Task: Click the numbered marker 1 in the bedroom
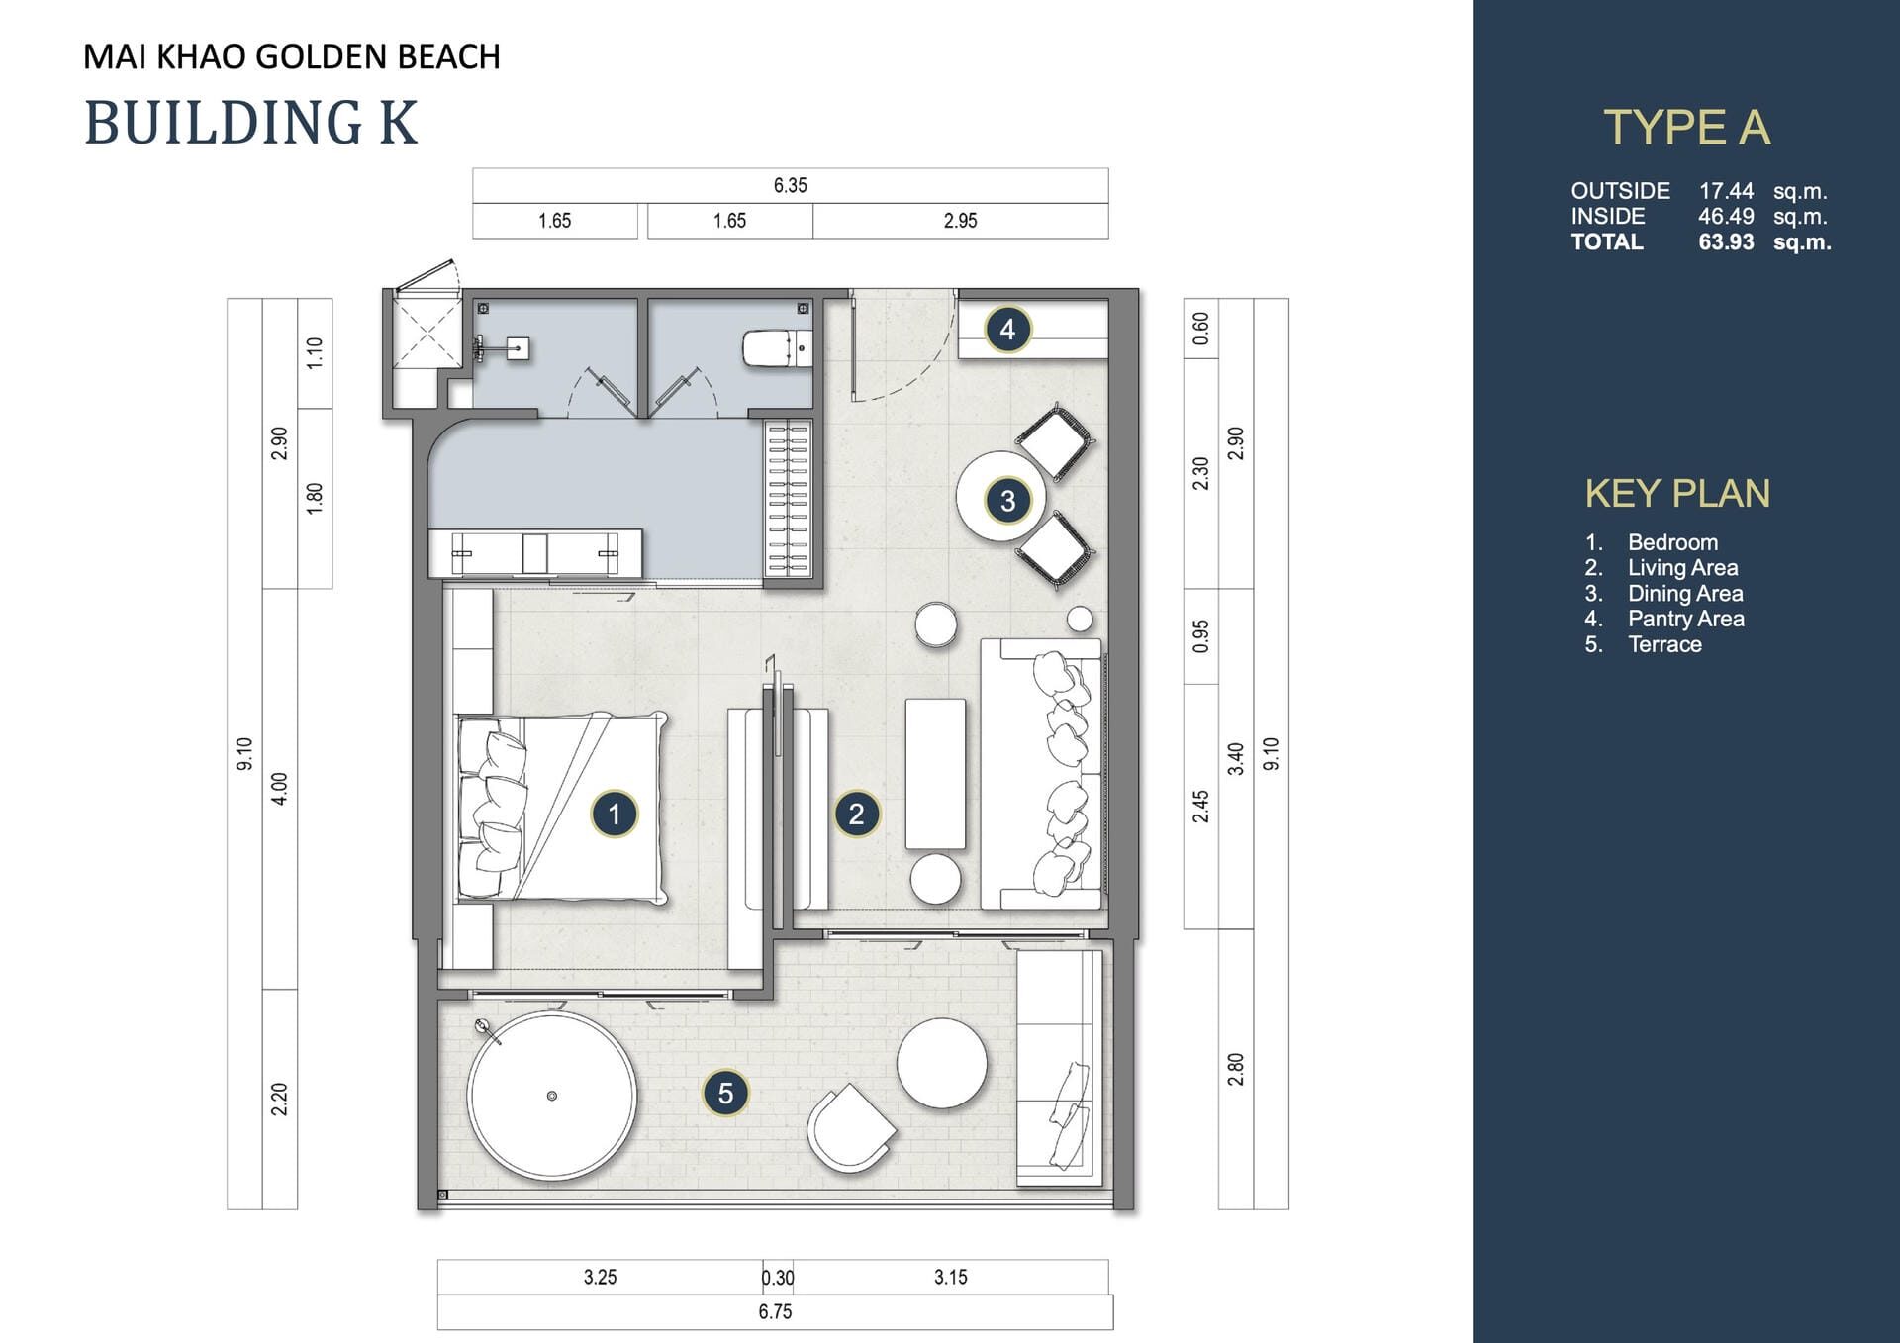(614, 814)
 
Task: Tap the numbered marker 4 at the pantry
(1007, 329)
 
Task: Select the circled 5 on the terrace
(725, 1093)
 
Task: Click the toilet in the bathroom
(777, 348)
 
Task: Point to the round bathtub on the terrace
(551, 1095)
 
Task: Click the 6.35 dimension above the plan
(790, 185)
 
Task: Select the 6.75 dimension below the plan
(775, 1311)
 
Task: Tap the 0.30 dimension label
(778, 1278)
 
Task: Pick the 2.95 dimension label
(960, 221)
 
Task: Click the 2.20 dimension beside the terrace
(279, 1099)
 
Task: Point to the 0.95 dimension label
(1200, 636)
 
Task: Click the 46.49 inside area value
(1726, 217)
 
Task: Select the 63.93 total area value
(1726, 242)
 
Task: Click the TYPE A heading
(1686, 128)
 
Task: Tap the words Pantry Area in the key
(1686, 619)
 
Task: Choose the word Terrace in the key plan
(1664, 644)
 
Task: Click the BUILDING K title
(251, 123)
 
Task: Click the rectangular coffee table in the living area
(935, 773)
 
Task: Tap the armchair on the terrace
(850, 1127)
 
